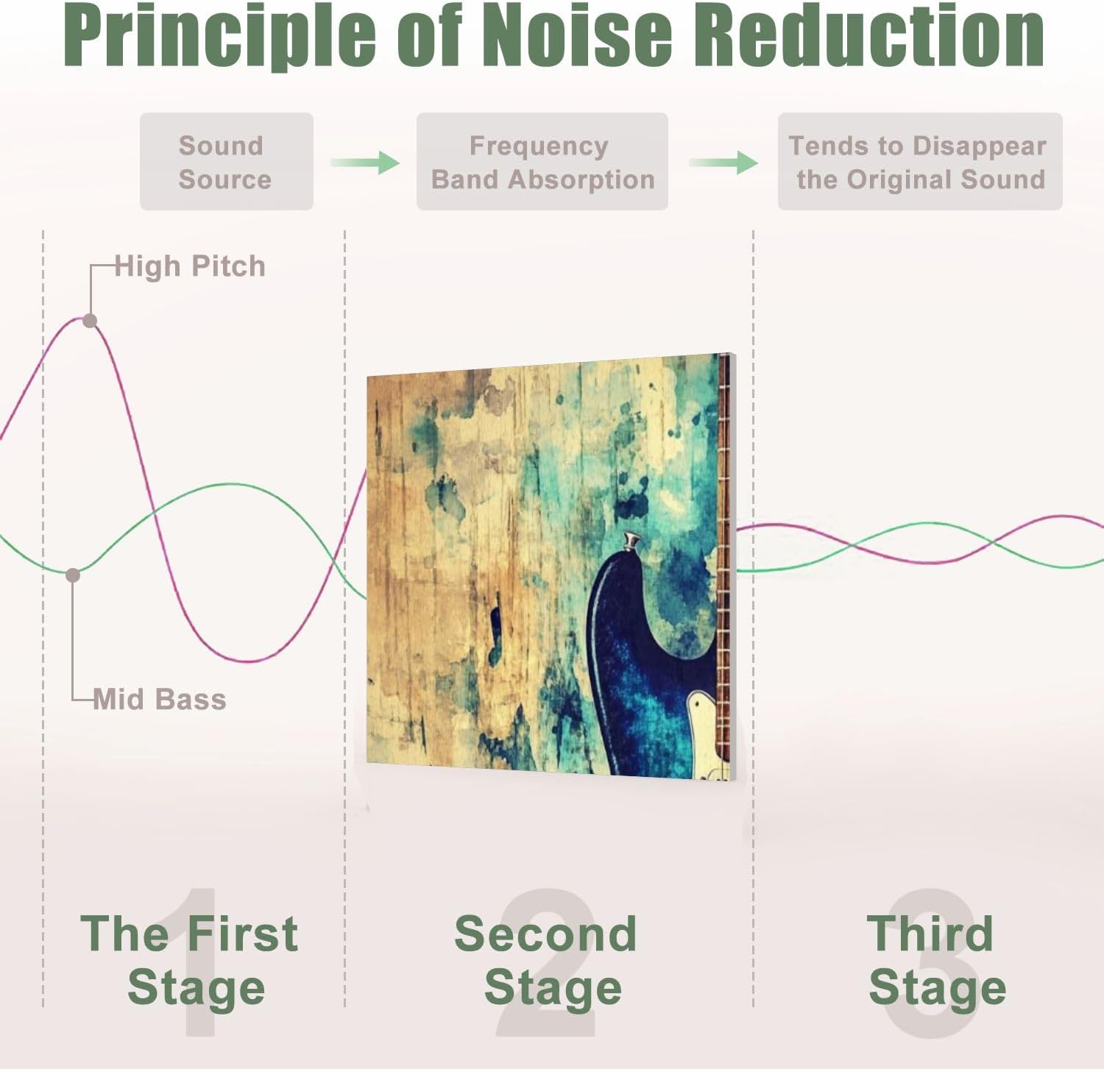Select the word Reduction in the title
[869, 35]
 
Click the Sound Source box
[227, 162]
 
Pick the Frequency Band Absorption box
[542, 162]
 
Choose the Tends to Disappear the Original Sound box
[920, 162]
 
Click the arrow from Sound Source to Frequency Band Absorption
[365, 162]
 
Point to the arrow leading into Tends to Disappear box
[723, 162]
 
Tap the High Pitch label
[190, 266]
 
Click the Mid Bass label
[160, 699]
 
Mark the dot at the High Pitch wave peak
[90, 321]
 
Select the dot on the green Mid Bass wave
[73, 575]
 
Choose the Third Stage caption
[935, 960]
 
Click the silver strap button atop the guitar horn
[631, 541]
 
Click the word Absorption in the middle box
[581, 180]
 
